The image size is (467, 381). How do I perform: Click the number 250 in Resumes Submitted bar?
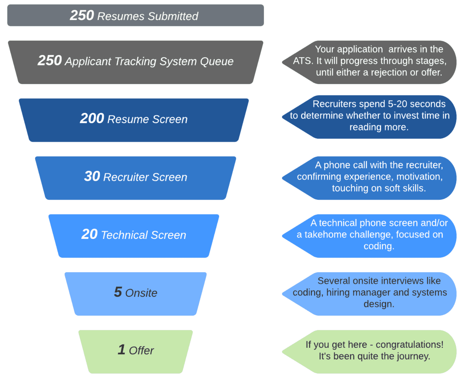(x=82, y=15)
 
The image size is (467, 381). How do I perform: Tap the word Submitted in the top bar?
(x=173, y=16)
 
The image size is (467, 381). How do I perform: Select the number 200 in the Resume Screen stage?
(x=92, y=119)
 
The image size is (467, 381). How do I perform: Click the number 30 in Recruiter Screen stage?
(x=92, y=176)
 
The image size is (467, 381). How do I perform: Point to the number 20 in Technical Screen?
(x=89, y=234)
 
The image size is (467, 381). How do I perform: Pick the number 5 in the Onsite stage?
(x=118, y=292)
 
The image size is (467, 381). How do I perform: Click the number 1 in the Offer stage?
(x=121, y=350)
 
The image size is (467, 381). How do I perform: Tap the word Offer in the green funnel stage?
(x=141, y=351)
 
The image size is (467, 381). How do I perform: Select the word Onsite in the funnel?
(x=141, y=293)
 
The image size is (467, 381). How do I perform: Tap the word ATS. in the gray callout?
(x=303, y=61)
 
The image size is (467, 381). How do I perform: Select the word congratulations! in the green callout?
(x=409, y=345)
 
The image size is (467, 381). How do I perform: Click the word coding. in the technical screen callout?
(x=379, y=246)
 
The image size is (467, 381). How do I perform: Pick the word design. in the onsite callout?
(x=379, y=304)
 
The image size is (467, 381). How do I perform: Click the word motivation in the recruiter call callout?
(x=419, y=177)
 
